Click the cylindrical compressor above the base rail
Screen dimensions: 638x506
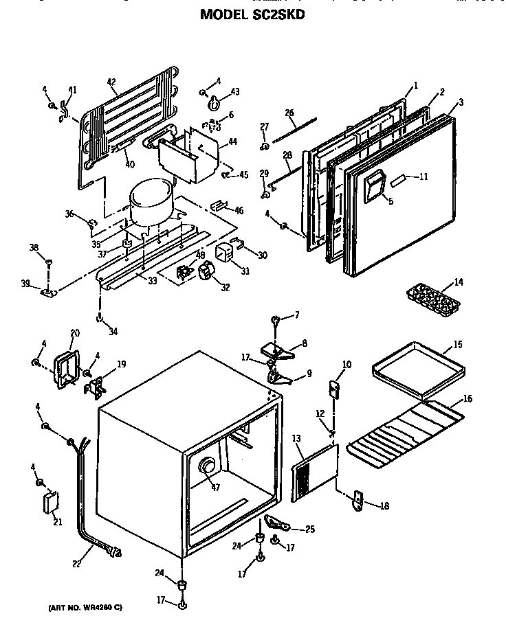point(151,203)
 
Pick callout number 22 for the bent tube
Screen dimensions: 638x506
point(76,564)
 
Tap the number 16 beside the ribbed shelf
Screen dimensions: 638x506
point(467,399)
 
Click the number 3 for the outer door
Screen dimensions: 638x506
point(460,102)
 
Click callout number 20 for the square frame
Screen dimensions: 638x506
point(75,333)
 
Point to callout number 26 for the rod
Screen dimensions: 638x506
point(289,113)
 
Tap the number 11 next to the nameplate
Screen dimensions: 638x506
point(423,176)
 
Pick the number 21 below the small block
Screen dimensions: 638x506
point(56,521)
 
